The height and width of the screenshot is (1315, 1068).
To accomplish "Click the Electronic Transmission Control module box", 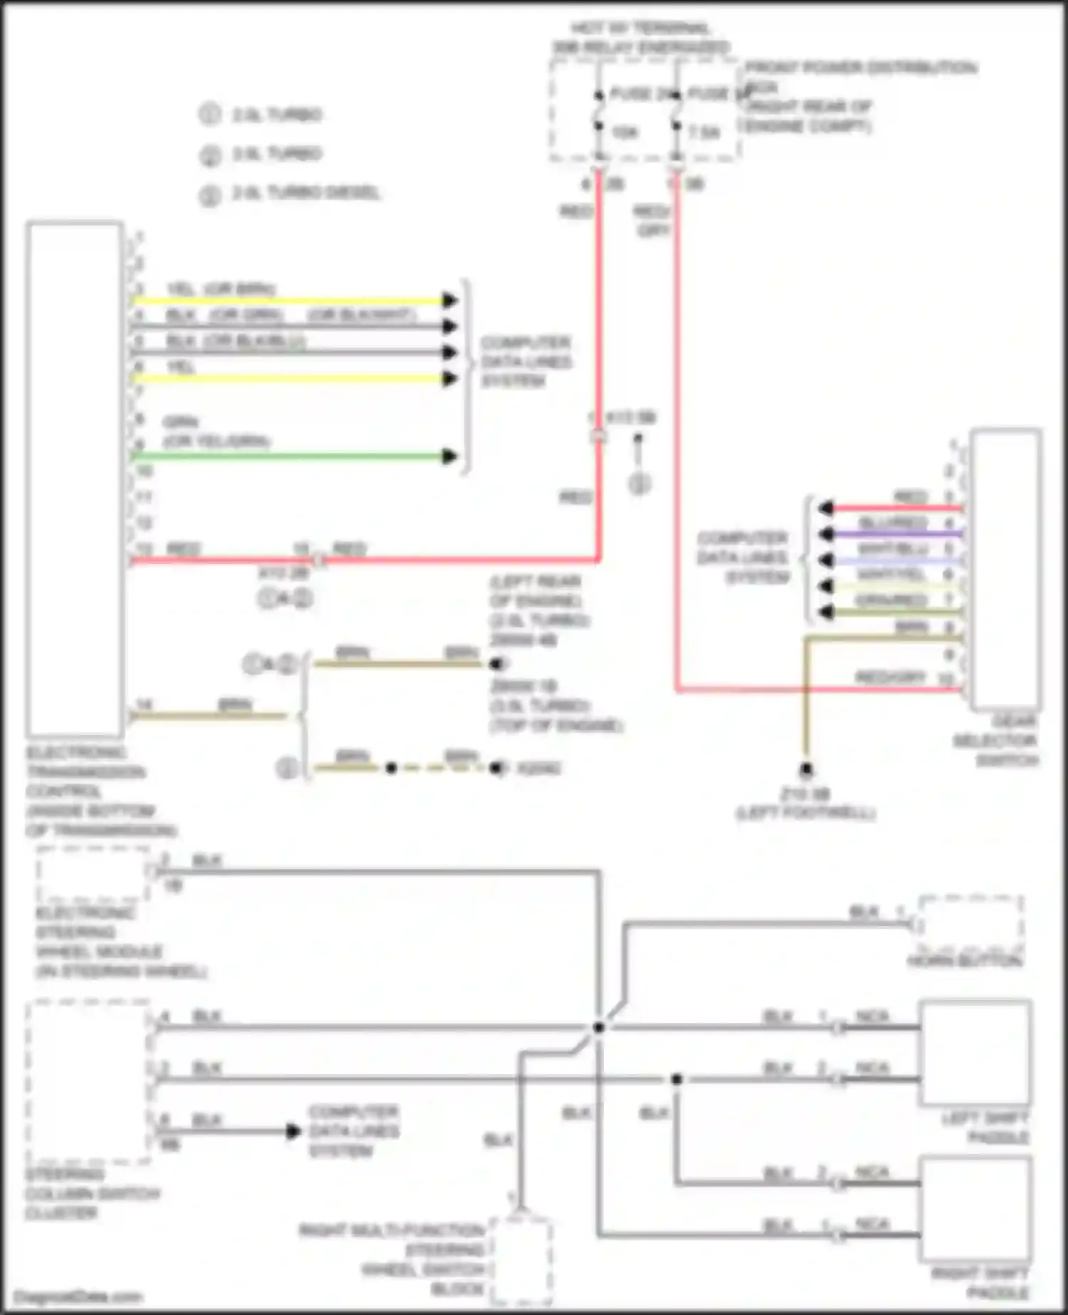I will pyautogui.click(x=74, y=479).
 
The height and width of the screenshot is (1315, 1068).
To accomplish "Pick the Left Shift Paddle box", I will pyautogui.click(x=975, y=1052).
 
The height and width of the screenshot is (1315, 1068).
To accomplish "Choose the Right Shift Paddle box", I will pyautogui.click(x=975, y=1209).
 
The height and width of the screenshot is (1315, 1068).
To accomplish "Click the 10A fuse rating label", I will pyautogui.click(x=624, y=132).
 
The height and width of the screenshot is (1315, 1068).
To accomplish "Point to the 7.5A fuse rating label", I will pyautogui.click(x=704, y=132).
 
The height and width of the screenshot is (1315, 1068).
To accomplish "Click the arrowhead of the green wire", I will pyautogui.click(x=449, y=457).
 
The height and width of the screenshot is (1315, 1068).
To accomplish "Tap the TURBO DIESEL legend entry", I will pyautogui.click(x=306, y=193).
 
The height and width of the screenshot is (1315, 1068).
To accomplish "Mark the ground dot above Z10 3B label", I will pyautogui.click(x=806, y=769).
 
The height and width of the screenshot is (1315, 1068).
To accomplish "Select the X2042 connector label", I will pyautogui.click(x=538, y=769).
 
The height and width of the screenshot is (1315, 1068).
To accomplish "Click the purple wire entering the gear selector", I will pyautogui.click(x=897, y=534).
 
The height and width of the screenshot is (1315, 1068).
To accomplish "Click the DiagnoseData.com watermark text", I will pyautogui.click(x=78, y=1297).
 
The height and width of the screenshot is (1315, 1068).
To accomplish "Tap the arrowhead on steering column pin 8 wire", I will pyautogui.click(x=293, y=1131).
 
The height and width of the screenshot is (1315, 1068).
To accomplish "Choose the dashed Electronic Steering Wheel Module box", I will pyautogui.click(x=93, y=874).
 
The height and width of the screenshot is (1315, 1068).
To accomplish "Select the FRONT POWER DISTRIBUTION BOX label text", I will pyautogui.click(x=860, y=68).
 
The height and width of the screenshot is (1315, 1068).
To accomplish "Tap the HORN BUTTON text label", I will pyautogui.click(x=964, y=961).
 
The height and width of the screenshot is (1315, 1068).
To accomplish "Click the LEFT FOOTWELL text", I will pyautogui.click(x=805, y=813).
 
